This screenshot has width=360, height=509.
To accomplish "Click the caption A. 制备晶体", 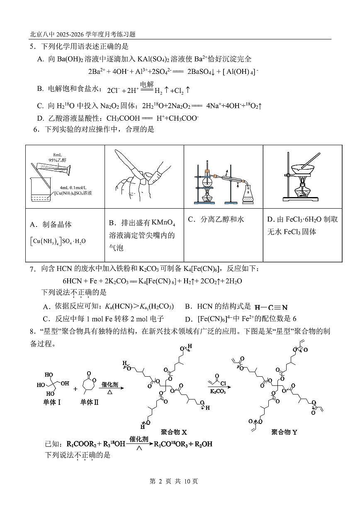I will pyautogui.click(x=51, y=224).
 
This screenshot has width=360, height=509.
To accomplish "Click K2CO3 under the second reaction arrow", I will pyautogui.click(x=218, y=391).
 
